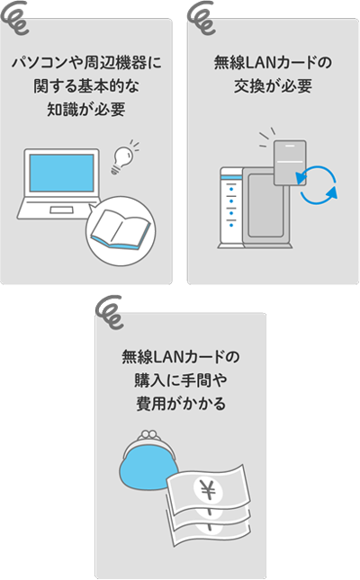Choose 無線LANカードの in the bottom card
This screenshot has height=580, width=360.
click(180, 356)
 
